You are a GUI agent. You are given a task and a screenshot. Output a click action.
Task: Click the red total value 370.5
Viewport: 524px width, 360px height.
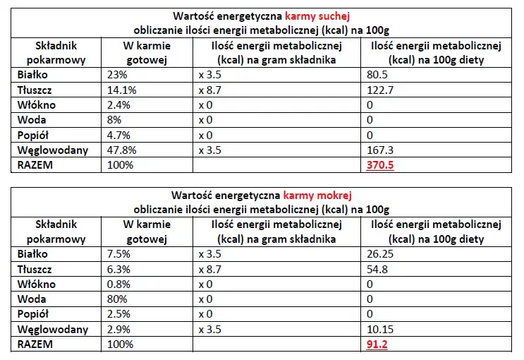[x=382, y=166]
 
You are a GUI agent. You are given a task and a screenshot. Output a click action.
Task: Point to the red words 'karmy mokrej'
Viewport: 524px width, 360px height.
[x=311, y=194]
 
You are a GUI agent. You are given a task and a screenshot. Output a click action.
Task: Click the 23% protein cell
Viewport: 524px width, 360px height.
[x=117, y=74]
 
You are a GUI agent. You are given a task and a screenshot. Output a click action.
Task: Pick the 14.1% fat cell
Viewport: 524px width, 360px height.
[x=121, y=90]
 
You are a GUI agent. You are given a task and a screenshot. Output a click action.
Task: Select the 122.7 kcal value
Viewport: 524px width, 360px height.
[x=381, y=90]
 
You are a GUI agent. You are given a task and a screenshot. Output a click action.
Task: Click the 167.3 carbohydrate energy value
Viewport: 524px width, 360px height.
[x=381, y=150]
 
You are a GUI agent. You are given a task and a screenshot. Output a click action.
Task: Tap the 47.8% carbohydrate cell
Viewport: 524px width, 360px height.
[x=121, y=150]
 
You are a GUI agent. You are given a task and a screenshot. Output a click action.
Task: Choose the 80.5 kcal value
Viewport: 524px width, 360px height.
[x=378, y=74]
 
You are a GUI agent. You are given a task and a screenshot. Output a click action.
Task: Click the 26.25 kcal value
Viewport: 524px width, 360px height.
[x=381, y=254]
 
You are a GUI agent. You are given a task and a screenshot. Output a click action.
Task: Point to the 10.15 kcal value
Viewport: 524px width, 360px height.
[x=381, y=330]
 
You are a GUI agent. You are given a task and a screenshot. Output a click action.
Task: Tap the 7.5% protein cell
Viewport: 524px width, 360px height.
[x=119, y=254]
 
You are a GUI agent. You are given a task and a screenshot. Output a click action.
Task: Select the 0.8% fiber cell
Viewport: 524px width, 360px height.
[x=119, y=284]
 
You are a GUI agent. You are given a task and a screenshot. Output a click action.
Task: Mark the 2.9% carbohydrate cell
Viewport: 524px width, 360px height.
[x=119, y=330]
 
